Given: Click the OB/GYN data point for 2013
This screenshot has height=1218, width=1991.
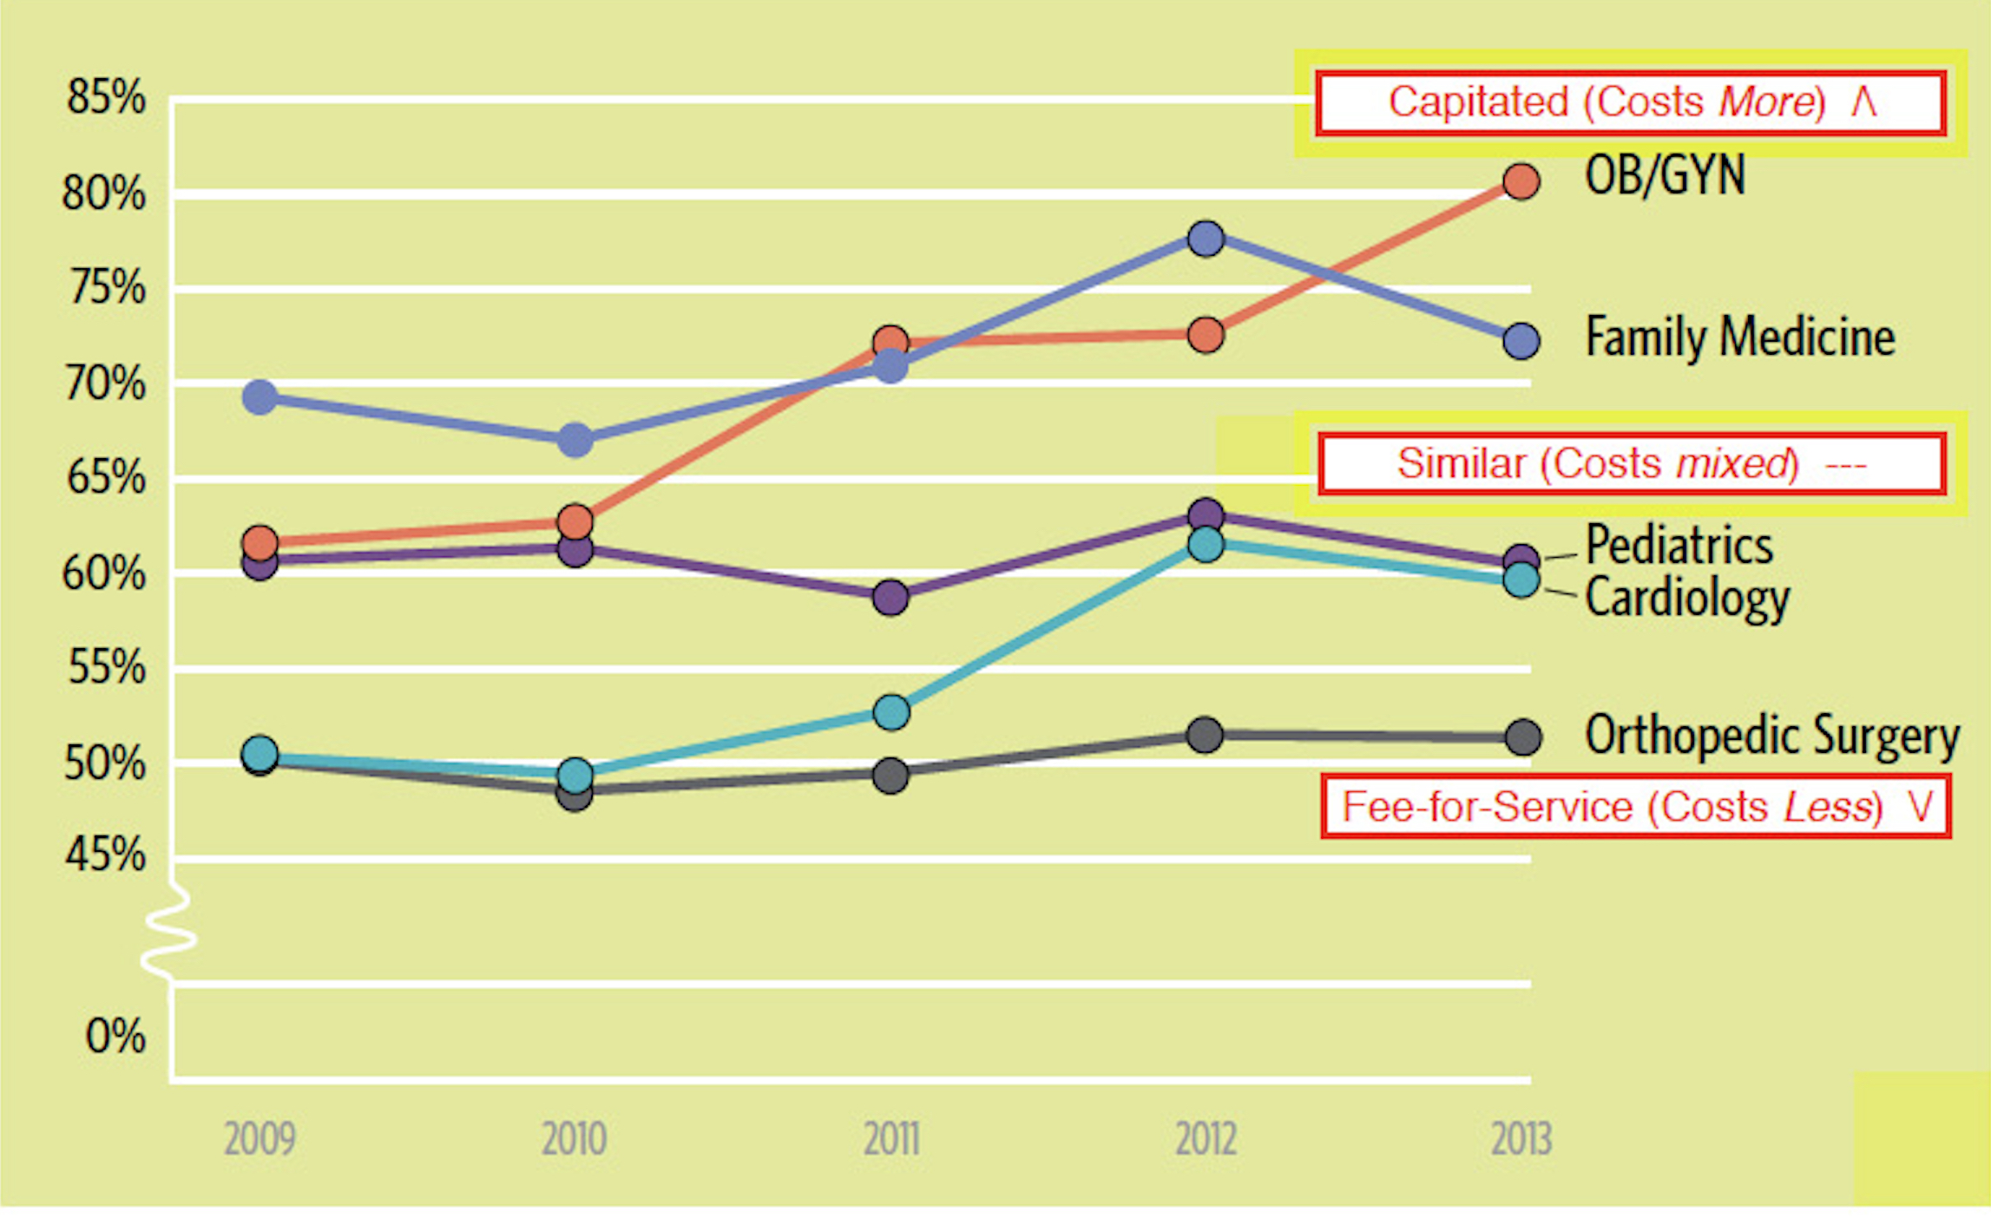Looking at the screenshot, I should point(1521,182).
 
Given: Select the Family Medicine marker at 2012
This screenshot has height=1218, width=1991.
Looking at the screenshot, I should point(1206,238).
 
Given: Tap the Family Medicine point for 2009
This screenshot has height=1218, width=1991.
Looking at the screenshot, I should point(260,397).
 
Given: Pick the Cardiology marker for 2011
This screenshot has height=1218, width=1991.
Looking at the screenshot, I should point(890,712).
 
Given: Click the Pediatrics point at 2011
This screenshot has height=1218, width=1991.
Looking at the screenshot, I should point(890,597).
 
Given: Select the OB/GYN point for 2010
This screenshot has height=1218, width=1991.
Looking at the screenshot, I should point(575,522).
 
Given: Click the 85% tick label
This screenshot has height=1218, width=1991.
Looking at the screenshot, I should point(106,97).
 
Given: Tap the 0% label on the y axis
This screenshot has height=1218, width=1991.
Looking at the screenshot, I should point(115,1035).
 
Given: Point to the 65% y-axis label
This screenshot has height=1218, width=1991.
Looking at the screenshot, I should point(106,477).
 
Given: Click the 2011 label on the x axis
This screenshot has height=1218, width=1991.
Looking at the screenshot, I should point(890,1139).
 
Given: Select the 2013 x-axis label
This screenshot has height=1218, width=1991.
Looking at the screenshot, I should point(1521,1139).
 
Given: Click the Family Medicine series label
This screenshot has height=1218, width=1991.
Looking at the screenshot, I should point(1739,337).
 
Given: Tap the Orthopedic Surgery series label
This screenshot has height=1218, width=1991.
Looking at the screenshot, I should point(1771,736).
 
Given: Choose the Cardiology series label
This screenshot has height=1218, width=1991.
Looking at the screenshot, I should point(1686,598).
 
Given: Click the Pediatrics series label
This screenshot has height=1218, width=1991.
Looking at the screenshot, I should point(1679,545).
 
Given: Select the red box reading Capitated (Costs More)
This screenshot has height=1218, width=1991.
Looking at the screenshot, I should point(1630,103).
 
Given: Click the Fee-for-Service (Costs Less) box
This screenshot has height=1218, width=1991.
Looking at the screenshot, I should point(1635,807).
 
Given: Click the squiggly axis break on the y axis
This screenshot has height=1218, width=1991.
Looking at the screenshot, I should point(169,933).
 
